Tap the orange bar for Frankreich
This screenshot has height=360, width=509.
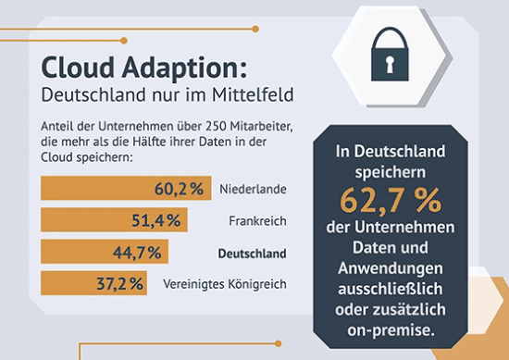click(x=114, y=220)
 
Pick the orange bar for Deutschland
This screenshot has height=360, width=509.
click(x=105, y=252)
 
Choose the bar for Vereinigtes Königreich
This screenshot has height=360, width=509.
click(x=93, y=283)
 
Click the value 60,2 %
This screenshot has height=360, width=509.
click(x=178, y=189)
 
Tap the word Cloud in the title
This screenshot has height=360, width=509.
click(x=81, y=68)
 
